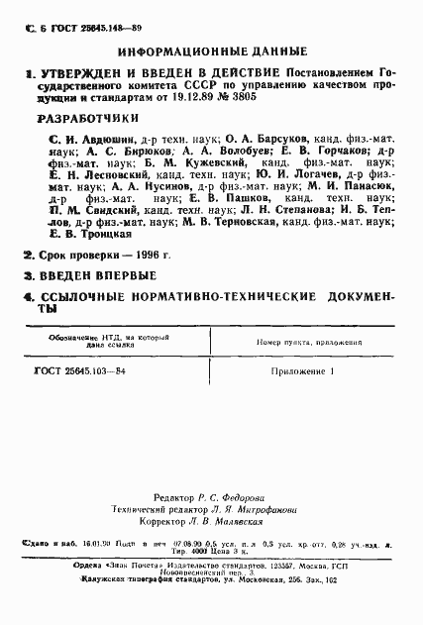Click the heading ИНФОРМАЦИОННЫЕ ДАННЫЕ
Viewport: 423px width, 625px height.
pyautogui.click(x=212, y=50)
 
